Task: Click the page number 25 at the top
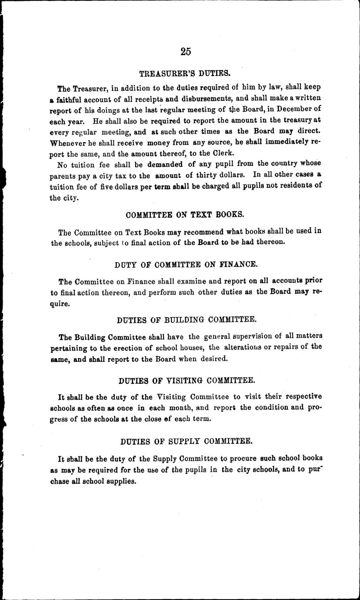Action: click(x=185, y=51)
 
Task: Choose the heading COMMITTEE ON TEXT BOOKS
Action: click(x=185, y=215)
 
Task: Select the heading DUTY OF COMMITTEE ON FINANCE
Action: click(x=186, y=264)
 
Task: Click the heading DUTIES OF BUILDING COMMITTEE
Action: click(x=187, y=320)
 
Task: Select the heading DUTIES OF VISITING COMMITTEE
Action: click(x=187, y=380)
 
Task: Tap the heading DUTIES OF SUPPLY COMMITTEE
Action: click(x=186, y=441)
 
